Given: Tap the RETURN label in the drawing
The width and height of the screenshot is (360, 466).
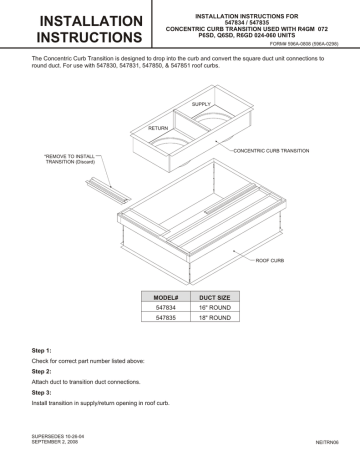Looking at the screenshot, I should pyautogui.click(x=159, y=129).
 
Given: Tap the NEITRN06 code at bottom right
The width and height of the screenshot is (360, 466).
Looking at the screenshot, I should pyautogui.click(x=324, y=440).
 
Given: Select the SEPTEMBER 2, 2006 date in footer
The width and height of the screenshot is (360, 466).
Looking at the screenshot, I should pyautogui.click(x=51, y=440).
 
